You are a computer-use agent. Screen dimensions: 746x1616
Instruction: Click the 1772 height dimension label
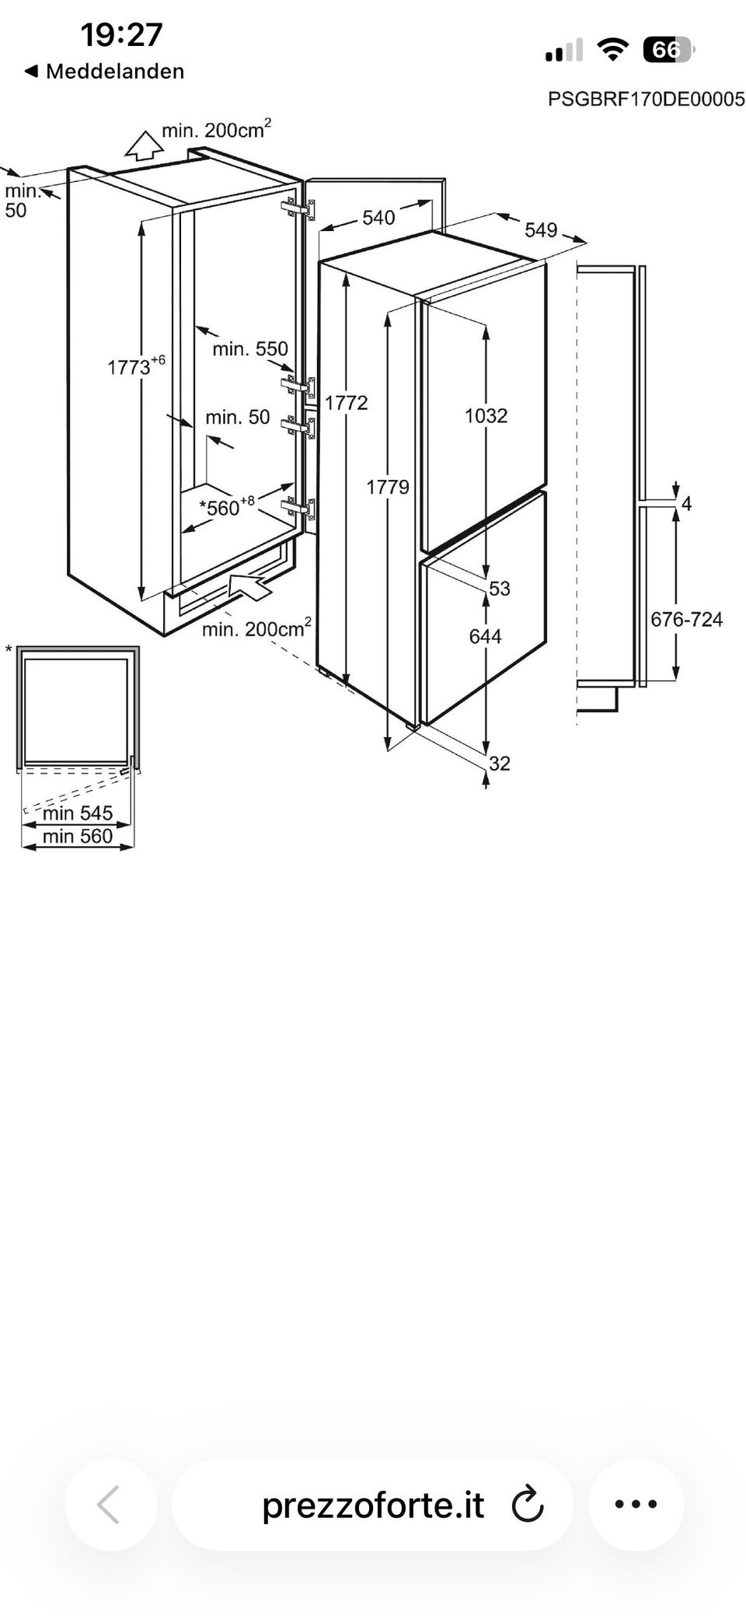coord(346,403)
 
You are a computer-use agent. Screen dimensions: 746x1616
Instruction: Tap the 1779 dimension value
coord(388,488)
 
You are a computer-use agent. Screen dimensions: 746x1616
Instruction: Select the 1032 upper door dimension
coord(486,416)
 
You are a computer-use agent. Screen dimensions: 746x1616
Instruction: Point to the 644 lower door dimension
coord(485,637)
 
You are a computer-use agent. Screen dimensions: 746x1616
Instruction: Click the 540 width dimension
coord(378,218)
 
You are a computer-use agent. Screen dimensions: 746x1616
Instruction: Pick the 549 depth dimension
coord(541,230)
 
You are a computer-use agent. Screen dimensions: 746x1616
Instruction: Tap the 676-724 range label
coord(686,620)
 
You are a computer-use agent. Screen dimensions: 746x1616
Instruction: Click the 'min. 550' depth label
coord(250,349)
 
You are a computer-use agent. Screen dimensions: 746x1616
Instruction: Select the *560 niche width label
coord(227,507)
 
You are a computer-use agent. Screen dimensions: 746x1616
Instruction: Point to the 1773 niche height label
coord(136,366)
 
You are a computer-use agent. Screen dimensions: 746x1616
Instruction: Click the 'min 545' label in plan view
coord(78,813)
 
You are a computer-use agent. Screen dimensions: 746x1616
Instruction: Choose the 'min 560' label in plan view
coord(78,837)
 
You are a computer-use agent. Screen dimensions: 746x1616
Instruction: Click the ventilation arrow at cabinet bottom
coord(250,586)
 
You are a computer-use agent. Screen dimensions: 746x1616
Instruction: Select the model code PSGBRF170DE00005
coord(647,99)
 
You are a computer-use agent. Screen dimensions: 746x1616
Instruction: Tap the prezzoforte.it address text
coord(373,1506)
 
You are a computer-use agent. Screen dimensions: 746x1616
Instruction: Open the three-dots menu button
coord(636,1505)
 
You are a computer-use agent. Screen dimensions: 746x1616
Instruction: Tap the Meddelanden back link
coord(104,72)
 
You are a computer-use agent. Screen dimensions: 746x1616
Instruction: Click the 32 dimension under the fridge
coord(500,764)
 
